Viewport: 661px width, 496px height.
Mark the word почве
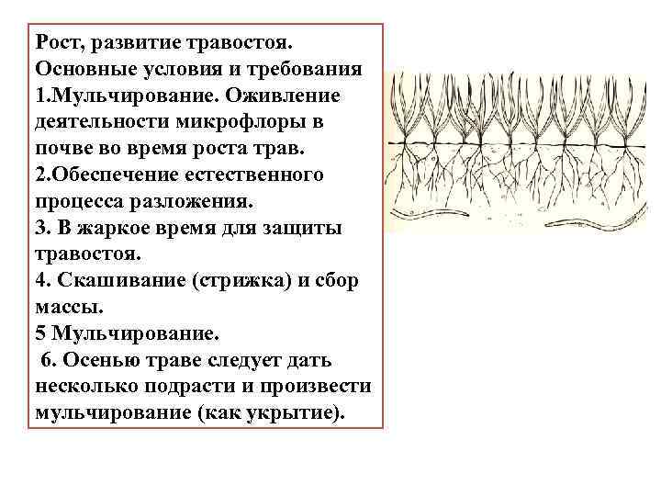(x=67, y=149)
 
